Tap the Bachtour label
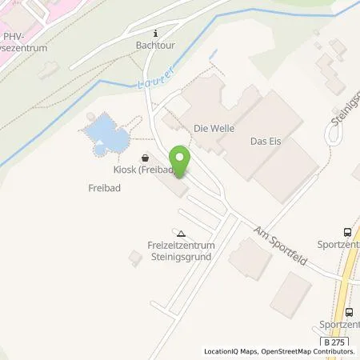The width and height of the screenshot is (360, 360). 155,46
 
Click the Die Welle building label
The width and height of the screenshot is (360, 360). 211,128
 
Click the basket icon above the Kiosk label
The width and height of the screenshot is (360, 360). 144,158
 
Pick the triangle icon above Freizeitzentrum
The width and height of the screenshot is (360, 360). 181,234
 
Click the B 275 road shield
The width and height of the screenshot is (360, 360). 335,342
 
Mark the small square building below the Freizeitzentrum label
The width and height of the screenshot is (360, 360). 134,257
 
